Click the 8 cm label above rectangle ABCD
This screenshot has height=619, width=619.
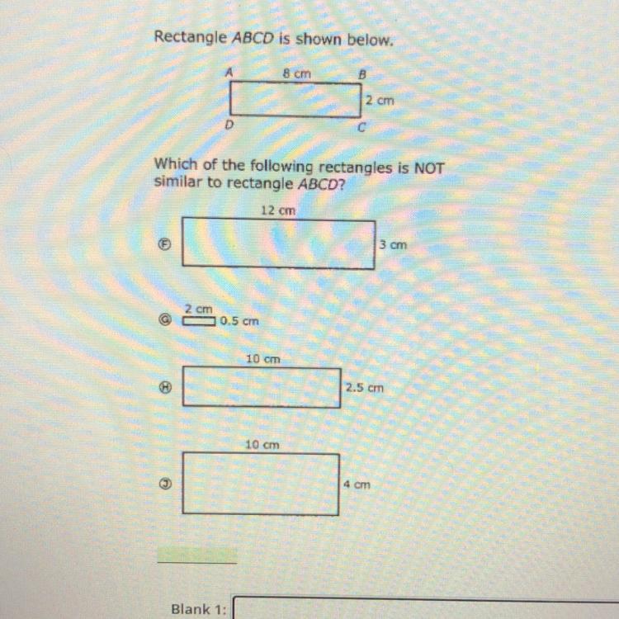pyautogui.click(x=298, y=73)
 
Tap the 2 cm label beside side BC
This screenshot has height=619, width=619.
pyautogui.click(x=380, y=100)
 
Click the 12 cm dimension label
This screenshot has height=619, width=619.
pyautogui.click(x=277, y=210)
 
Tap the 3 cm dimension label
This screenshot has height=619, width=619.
pyautogui.click(x=394, y=245)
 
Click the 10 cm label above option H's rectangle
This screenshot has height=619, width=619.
pyautogui.click(x=263, y=359)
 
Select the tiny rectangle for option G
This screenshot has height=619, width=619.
pyautogui.click(x=199, y=321)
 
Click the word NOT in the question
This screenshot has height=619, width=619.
pyautogui.click(x=428, y=168)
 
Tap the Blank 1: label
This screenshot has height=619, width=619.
pyautogui.click(x=197, y=609)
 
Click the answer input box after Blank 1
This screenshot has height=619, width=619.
pyautogui.click(x=425, y=609)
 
